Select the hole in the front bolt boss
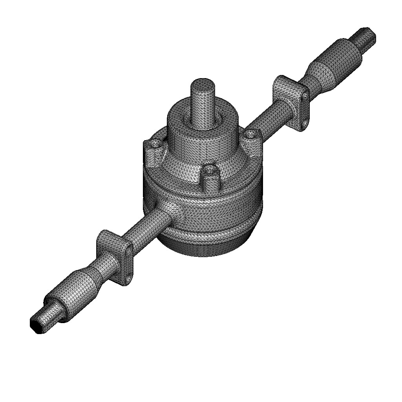[x=210, y=171]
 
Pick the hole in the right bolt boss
[x=250, y=135]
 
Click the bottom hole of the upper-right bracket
[x=305, y=125]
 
